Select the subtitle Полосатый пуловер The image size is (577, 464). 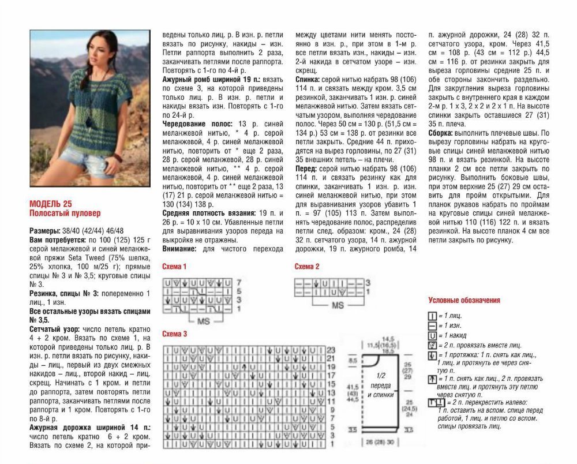point(65,212)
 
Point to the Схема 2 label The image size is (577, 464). point(307,267)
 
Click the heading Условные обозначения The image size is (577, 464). point(464,300)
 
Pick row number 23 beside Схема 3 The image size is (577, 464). point(331,350)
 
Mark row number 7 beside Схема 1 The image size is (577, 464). point(238,283)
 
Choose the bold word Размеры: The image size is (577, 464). point(44,230)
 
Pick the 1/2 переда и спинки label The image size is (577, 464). point(377,389)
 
